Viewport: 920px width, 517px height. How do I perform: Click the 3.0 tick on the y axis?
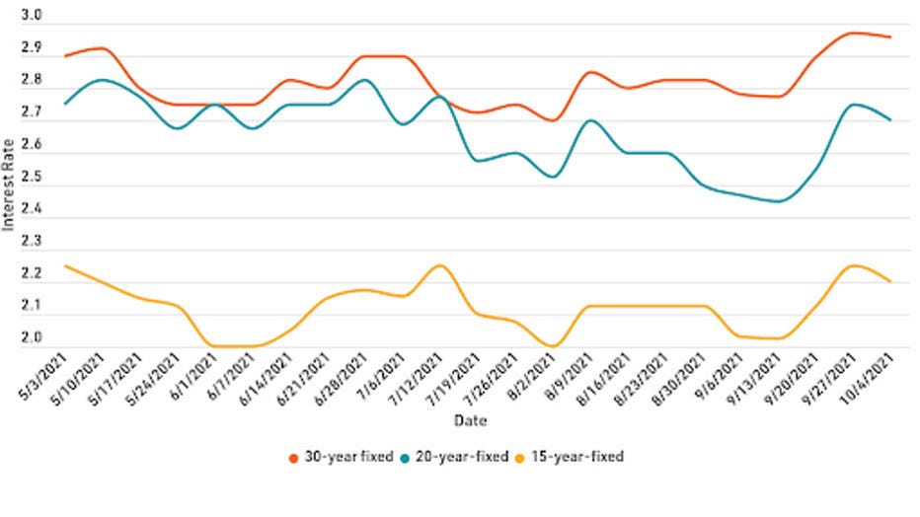coord(31,17)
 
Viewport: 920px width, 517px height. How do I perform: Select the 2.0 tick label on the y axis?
coord(31,338)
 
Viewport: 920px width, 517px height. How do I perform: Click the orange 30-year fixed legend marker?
coord(293,457)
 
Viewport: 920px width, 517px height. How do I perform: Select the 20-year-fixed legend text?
coord(465,457)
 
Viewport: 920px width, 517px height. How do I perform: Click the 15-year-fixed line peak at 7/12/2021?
coord(439,265)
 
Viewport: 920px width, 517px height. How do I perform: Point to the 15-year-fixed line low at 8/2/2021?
coord(553,346)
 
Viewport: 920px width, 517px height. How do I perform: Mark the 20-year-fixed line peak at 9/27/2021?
coord(854,104)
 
